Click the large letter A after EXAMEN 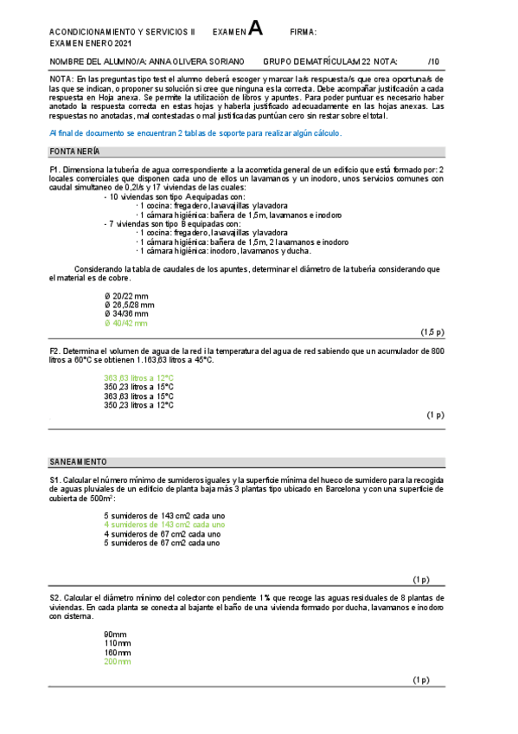pos(255,29)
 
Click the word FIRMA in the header pos(303,33)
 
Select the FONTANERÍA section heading pos(75,151)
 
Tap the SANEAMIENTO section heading pos(79,461)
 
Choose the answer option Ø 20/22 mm pos(126,295)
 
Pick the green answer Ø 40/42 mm pos(126,323)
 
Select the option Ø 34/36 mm pos(126,313)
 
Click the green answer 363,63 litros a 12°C pos(138,377)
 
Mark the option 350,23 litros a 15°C pos(138,387)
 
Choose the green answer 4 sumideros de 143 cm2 pos(164,525)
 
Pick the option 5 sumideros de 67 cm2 pos(162,543)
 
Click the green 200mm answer pos(118,661)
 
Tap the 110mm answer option pos(118,643)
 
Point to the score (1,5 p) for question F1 pos(432,332)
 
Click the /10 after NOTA pos(434,61)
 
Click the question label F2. pos(54,351)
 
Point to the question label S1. pos(54,480)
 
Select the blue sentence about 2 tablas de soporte pos(195,132)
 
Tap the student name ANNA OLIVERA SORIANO pos(197,61)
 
